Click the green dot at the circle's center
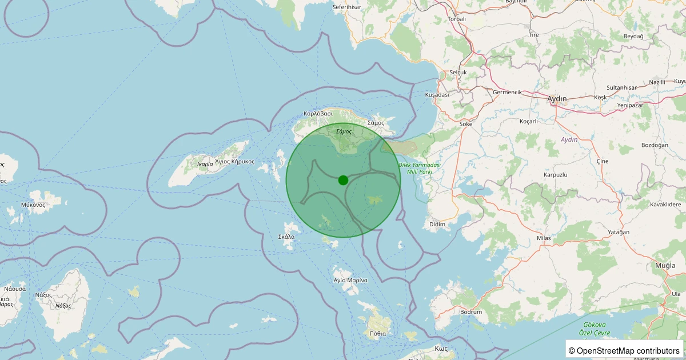(x=343, y=180)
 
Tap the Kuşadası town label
(x=437, y=94)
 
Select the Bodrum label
(x=471, y=312)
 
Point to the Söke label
(x=466, y=123)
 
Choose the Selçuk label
(x=458, y=73)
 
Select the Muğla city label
(x=665, y=266)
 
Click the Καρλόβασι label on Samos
(x=318, y=114)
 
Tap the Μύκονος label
(x=33, y=204)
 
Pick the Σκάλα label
(x=286, y=237)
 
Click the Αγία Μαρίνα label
(x=350, y=281)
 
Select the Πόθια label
(x=378, y=333)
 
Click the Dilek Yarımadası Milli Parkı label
(x=416, y=168)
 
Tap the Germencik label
(x=507, y=92)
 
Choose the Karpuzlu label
(x=556, y=174)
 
